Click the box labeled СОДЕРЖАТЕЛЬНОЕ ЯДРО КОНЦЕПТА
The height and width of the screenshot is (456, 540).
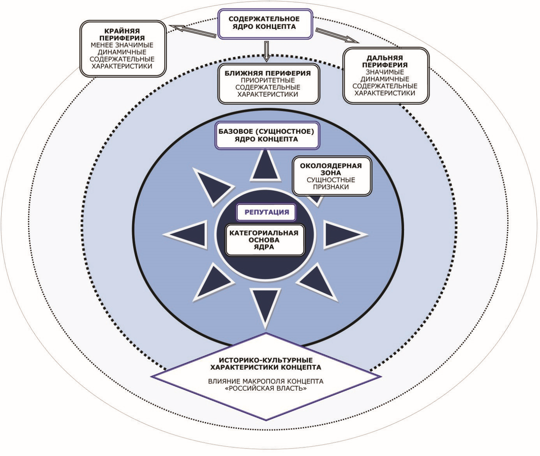265,24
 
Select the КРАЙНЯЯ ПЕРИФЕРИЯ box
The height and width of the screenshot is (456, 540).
122,49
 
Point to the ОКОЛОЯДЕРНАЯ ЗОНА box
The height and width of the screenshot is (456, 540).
331,176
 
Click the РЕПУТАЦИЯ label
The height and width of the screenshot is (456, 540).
266,212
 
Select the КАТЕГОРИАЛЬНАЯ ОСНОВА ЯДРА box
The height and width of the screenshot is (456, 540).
264,240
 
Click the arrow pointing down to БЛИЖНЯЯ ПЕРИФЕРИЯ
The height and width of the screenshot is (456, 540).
266,51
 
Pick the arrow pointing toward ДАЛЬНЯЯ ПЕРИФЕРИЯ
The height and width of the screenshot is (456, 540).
337,35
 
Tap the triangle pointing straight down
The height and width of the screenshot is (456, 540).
266,305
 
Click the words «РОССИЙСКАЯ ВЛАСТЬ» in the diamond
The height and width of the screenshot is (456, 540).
266,389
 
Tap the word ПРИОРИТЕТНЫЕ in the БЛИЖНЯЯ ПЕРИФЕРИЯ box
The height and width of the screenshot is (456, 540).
268,80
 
